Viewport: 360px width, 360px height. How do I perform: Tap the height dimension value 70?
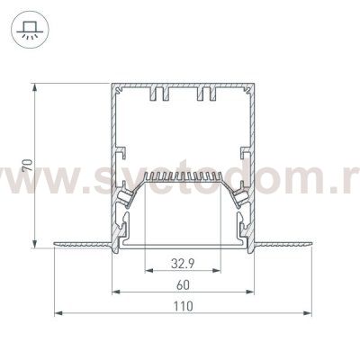click(29, 166)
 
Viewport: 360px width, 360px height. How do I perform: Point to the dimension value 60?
click(183, 285)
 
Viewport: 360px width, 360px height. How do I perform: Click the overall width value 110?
click(183, 306)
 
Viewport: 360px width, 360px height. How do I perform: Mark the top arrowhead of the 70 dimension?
click(36, 88)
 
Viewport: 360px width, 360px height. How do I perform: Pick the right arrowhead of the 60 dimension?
click(250, 292)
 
